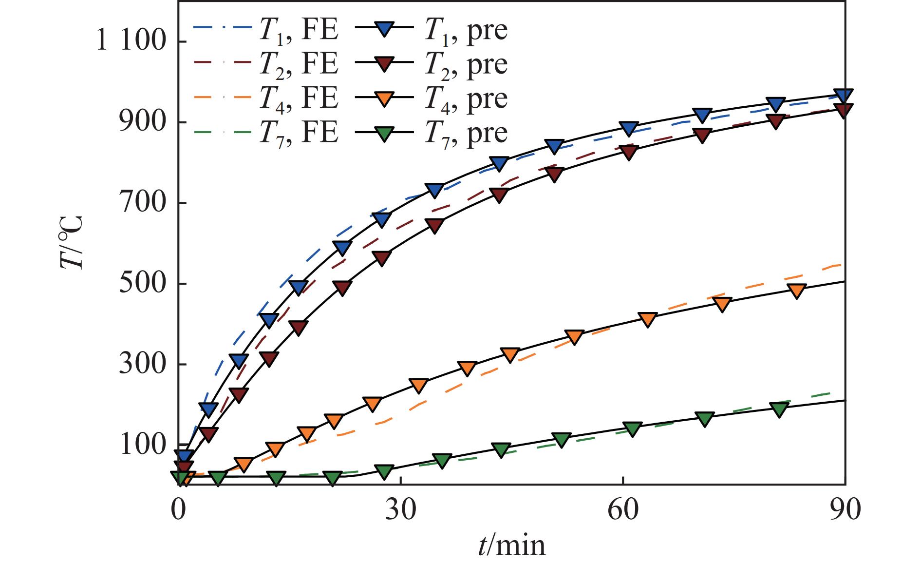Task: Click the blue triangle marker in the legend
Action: pyautogui.click(x=386, y=30)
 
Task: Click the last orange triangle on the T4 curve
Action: pyautogui.click(x=797, y=292)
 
